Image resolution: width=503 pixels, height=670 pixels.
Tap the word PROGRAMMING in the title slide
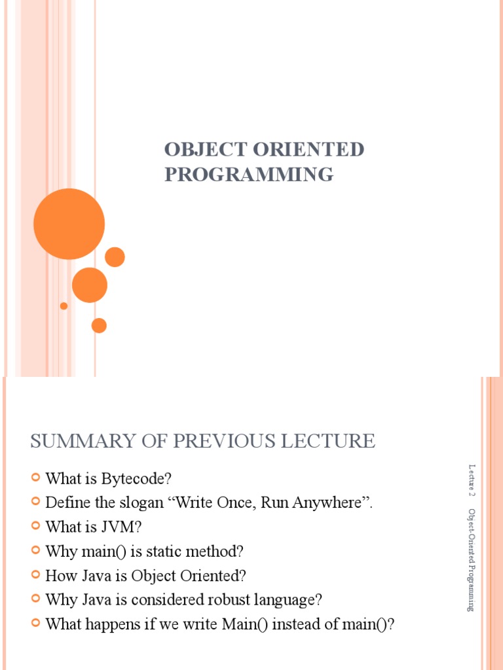click(249, 175)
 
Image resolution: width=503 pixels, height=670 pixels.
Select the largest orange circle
click(69, 224)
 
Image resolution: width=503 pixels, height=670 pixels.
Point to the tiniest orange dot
click(64, 306)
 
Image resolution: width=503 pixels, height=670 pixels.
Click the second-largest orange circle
click(90, 285)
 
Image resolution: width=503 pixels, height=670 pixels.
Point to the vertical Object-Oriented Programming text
click(472, 559)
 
